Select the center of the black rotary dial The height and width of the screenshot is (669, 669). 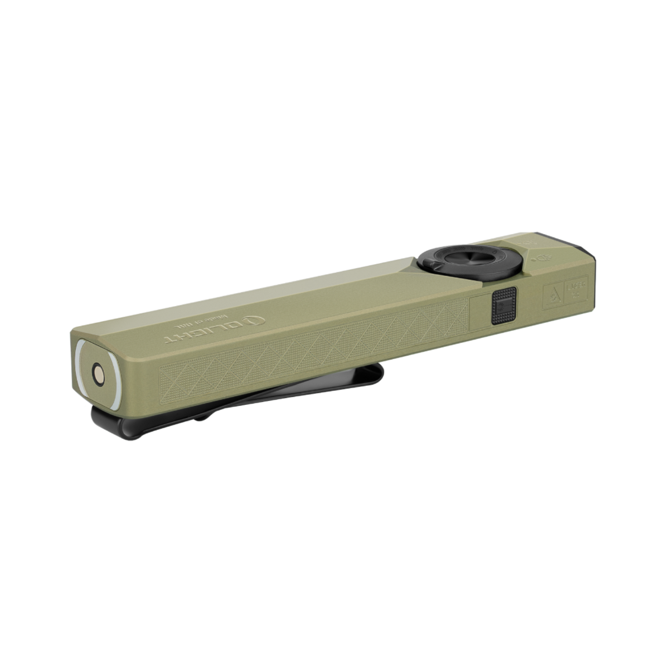click(x=469, y=258)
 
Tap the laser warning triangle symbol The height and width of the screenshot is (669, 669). click(x=553, y=295)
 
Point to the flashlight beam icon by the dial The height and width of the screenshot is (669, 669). click(x=546, y=258)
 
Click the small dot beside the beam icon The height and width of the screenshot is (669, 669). click(x=533, y=260)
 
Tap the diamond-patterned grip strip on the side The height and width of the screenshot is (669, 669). click(x=312, y=351)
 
